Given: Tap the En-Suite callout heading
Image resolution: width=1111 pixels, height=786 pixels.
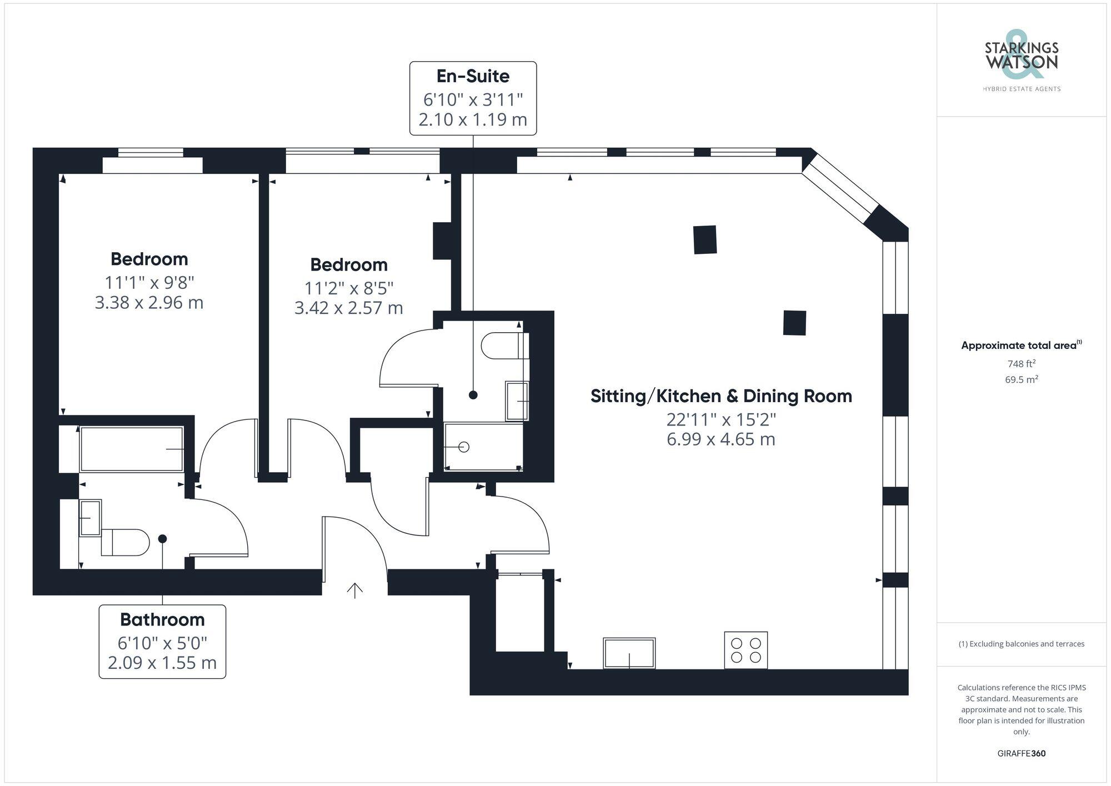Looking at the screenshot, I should point(473,76).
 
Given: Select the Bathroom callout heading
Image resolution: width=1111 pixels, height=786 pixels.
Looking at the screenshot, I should point(162,619).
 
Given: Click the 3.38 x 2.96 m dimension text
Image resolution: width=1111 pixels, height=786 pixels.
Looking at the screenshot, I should point(149,303).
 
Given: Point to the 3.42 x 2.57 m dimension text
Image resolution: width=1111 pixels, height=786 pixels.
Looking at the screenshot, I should point(348,308).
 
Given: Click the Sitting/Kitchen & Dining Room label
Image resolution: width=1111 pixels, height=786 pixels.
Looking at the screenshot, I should point(720,396).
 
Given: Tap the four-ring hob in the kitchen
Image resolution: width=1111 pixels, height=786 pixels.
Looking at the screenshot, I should point(745,650).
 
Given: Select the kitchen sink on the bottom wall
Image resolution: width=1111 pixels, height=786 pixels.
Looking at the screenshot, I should point(629,653).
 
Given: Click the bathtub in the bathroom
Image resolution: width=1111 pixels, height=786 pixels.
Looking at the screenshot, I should point(132,449).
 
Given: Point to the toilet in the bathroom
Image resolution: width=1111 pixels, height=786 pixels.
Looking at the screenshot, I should point(127,542).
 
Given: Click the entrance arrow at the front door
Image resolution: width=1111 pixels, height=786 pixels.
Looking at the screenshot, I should point(354,590).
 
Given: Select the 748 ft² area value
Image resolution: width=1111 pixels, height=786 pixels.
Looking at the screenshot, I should point(1021,364).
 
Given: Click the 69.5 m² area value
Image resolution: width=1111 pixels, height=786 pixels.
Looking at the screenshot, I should point(1021,380).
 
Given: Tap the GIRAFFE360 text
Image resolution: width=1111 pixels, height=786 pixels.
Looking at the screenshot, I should point(1021,753).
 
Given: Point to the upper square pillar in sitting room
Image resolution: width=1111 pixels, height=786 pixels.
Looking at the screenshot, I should point(705,239).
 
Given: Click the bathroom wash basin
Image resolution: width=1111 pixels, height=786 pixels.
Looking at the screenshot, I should point(90,518).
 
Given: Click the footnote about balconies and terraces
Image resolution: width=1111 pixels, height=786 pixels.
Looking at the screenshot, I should point(1021,644).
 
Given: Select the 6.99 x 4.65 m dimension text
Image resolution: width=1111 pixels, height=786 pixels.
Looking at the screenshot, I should point(720,439).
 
